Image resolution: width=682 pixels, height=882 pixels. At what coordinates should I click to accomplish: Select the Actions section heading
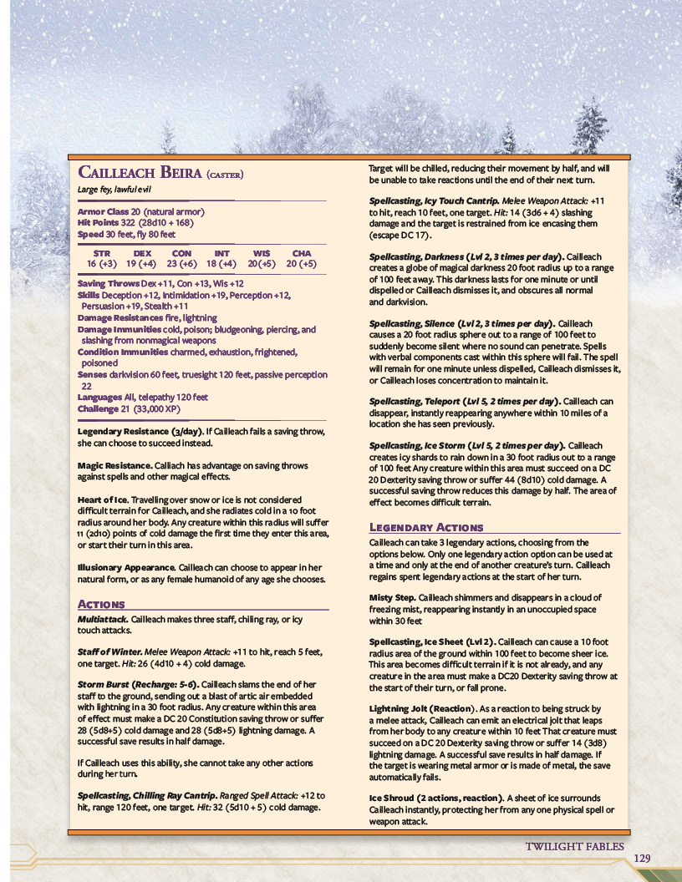tap(101, 603)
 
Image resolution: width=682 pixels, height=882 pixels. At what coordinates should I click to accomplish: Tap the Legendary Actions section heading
tap(426, 527)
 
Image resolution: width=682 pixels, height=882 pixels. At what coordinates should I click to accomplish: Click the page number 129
tap(642, 859)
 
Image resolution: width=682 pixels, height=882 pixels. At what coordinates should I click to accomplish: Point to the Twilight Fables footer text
tap(574, 846)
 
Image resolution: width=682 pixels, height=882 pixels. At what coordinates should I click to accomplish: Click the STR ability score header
tap(102, 253)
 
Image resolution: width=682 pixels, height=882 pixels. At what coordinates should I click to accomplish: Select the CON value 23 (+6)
tap(181, 263)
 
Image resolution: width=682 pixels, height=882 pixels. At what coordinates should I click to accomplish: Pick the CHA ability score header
tap(301, 253)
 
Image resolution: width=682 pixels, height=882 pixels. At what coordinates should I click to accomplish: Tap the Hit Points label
tap(96, 223)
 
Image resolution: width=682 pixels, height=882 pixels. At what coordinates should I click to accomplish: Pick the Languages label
tap(100, 398)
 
